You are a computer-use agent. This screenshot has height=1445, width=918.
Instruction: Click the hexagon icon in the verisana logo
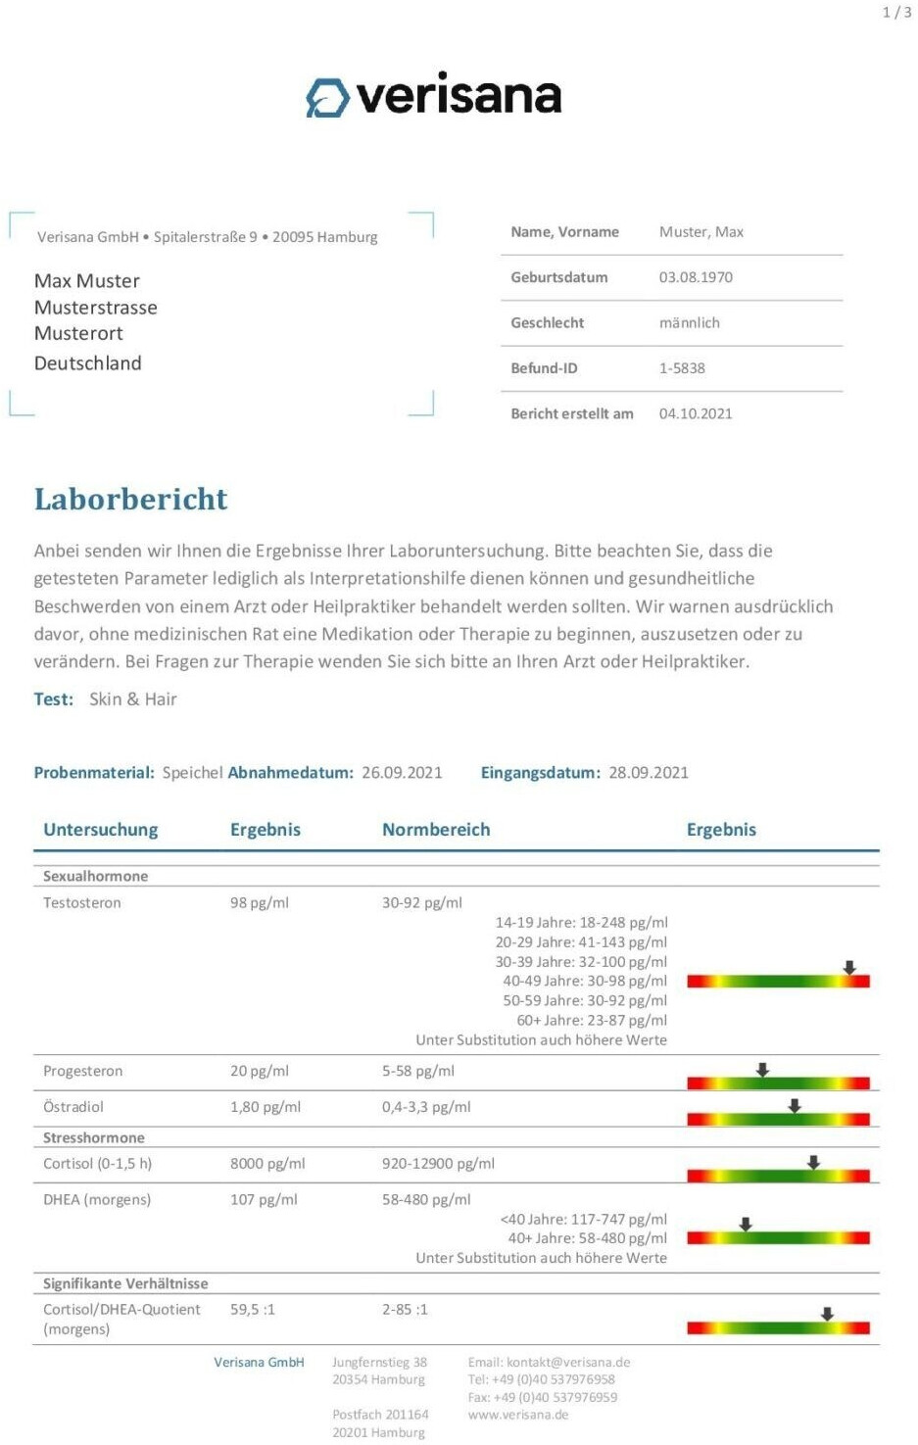point(327,98)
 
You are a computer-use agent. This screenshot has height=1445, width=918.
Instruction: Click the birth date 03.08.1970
point(696,277)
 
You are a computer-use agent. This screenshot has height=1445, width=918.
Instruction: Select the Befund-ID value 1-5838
point(682,368)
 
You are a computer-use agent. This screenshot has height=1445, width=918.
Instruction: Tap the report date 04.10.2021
point(696,413)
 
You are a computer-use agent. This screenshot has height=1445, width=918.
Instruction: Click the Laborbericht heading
point(130,500)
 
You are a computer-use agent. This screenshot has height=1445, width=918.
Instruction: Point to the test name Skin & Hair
point(133,699)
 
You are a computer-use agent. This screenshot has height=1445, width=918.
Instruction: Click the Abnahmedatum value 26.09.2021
point(402,773)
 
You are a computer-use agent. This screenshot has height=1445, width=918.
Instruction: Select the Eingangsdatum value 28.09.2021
point(649,773)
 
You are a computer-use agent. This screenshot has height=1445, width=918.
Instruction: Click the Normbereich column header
point(436,830)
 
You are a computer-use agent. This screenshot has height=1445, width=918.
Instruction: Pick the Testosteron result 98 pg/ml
point(260,903)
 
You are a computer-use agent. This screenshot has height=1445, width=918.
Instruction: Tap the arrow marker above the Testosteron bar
point(849,968)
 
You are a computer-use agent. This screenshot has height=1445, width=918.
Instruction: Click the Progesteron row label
point(83,1072)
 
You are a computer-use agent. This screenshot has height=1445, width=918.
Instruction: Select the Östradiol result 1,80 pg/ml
point(266,1107)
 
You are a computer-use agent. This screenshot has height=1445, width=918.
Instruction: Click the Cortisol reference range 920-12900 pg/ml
point(438,1164)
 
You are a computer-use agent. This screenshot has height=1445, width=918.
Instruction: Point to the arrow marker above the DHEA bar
point(746,1225)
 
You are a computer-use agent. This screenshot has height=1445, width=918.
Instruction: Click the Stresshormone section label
point(94,1138)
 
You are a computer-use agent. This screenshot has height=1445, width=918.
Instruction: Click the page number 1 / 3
point(896,13)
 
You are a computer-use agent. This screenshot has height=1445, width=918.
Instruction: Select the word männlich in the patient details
point(690,323)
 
